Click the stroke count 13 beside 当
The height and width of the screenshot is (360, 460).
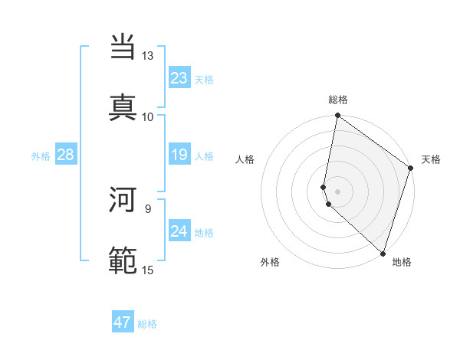[x=148, y=56]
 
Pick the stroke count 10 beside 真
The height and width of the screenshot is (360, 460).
[x=148, y=116]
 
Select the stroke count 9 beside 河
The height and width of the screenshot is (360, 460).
[x=148, y=208]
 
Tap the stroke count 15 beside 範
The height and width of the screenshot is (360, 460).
[x=148, y=269]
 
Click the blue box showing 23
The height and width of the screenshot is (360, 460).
[x=179, y=78]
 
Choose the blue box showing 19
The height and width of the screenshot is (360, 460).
[x=179, y=155]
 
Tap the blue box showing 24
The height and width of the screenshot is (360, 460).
[x=179, y=231]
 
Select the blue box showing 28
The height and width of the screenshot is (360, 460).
[x=65, y=155]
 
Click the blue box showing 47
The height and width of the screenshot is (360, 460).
[x=123, y=322]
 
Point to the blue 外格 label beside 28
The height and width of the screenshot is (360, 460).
[x=41, y=156]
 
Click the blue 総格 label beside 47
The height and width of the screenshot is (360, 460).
[x=147, y=324]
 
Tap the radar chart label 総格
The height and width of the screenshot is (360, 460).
[x=338, y=100]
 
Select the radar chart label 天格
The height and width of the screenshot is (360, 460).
[x=431, y=159]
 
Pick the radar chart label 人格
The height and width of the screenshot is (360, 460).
[x=245, y=159]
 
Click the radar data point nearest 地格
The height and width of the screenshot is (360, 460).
[x=383, y=254]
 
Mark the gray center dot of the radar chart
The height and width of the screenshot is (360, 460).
[x=338, y=191]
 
